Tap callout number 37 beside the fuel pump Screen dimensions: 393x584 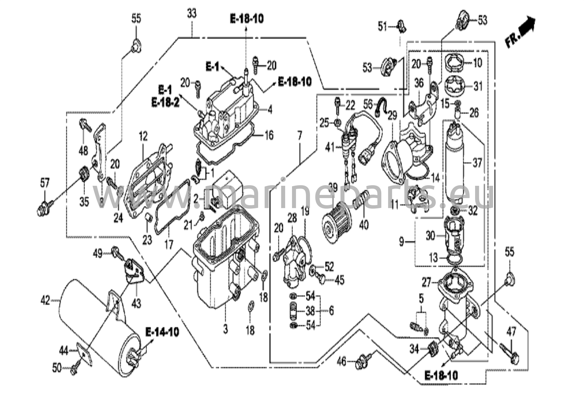coord(477,163)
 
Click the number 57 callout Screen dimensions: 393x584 coord(45,183)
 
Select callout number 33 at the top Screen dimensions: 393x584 coord(192,13)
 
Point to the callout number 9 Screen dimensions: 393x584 coord(401,242)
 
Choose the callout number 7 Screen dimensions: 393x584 coord(299,136)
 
